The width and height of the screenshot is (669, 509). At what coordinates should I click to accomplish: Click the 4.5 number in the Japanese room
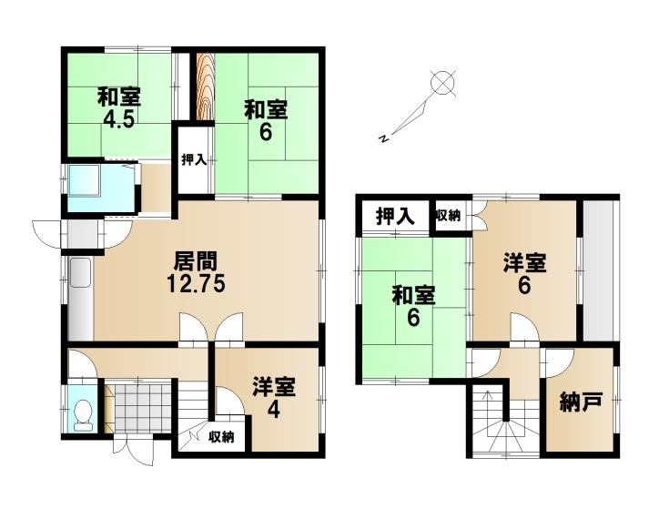pos(119,119)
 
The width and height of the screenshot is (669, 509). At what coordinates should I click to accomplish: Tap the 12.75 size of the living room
pos(196,284)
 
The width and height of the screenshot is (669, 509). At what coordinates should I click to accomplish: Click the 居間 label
pos(196,261)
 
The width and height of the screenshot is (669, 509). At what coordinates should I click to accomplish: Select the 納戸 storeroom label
pos(581,402)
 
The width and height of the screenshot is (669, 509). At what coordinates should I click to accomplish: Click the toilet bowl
pos(83,415)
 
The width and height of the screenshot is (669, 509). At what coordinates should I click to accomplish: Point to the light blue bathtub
pos(84,180)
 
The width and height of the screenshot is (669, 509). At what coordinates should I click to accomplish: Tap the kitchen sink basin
pos(80,272)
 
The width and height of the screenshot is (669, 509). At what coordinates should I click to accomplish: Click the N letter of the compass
pos(384,137)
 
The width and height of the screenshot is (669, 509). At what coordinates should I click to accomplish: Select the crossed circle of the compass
pos(443,82)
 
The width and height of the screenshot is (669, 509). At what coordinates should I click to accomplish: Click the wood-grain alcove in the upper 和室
pos(205,87)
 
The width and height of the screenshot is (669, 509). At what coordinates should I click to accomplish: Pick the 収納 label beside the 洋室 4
pos(221,436)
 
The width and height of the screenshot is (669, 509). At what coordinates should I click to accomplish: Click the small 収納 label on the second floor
pos(448,216)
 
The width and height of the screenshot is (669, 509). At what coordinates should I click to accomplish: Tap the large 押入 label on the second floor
pos(395,216)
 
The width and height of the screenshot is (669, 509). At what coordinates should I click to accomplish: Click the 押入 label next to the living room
pos(194,160)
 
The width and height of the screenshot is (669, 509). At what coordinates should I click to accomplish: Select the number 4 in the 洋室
pos(273,410)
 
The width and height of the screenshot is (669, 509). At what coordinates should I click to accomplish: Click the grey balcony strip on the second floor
pos(600,270)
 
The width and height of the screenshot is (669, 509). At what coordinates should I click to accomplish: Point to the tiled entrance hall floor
pos(142,408)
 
